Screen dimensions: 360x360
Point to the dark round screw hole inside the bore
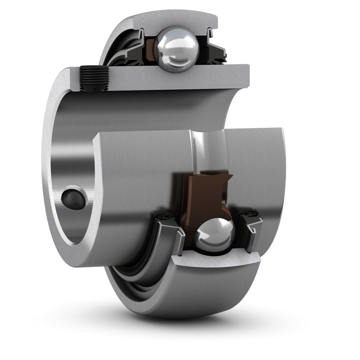73,198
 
